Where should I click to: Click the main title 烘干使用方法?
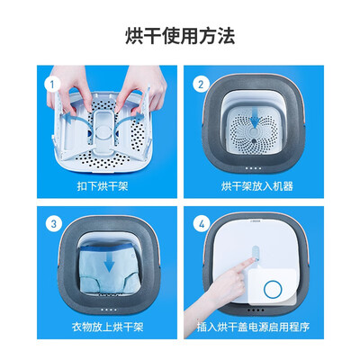180,36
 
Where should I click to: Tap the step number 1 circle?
52,85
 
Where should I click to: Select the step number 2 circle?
201,85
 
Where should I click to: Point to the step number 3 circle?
54,224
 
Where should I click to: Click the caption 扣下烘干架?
103,186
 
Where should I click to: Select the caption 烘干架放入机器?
257,186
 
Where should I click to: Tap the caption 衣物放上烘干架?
107,327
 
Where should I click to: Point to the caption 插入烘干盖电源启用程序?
253,327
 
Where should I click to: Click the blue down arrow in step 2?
255,119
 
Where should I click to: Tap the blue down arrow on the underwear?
109,264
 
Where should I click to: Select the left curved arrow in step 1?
78,117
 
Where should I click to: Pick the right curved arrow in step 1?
128,116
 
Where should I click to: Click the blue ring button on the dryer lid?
273,289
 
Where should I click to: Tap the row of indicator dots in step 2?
253,168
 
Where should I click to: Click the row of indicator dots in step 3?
109,310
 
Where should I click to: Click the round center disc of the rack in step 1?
103,131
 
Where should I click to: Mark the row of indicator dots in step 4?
256,310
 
